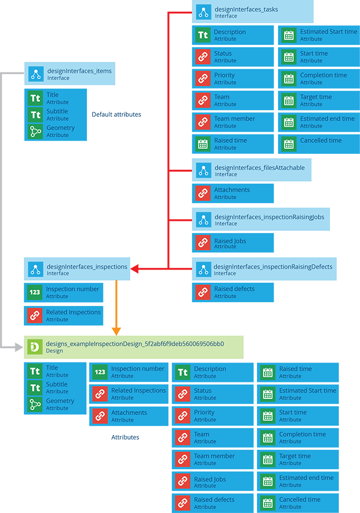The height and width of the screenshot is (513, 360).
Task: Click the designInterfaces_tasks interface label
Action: pos(246,9)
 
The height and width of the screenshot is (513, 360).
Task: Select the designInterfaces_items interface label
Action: pos(79,71)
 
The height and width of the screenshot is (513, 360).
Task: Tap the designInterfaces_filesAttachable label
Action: pos(259,168)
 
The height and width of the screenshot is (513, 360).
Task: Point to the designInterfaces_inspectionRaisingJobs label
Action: pos(269,217)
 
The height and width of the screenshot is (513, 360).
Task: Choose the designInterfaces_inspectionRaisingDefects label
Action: pos(273,267)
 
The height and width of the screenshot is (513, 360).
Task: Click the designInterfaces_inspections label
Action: pos(87,267)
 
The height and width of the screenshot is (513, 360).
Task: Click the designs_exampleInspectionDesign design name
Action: pos(135,344)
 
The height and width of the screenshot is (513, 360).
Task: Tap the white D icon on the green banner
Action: pos(34,347)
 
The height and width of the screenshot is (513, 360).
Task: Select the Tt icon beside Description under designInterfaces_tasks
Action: pos(203,35)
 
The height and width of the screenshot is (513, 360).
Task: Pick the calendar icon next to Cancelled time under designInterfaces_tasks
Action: pos(288,144)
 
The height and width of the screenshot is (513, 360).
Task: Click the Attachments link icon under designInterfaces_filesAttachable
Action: pos(203,193)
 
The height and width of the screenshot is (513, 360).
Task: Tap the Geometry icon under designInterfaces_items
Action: pos(35,131)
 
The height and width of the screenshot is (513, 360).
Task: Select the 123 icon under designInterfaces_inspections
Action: pos(35,292)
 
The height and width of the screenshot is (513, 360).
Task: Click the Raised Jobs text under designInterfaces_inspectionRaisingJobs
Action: pos(230,241)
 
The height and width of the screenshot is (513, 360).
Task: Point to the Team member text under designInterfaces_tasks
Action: pos(234,118)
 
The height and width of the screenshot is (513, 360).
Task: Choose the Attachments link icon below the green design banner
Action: pos(100,416)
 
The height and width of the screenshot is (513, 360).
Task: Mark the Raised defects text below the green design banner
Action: pos(214,499)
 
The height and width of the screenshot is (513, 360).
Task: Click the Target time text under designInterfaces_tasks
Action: pos(316,97)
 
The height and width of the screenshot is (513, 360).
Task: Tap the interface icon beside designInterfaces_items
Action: pos(36,74)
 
